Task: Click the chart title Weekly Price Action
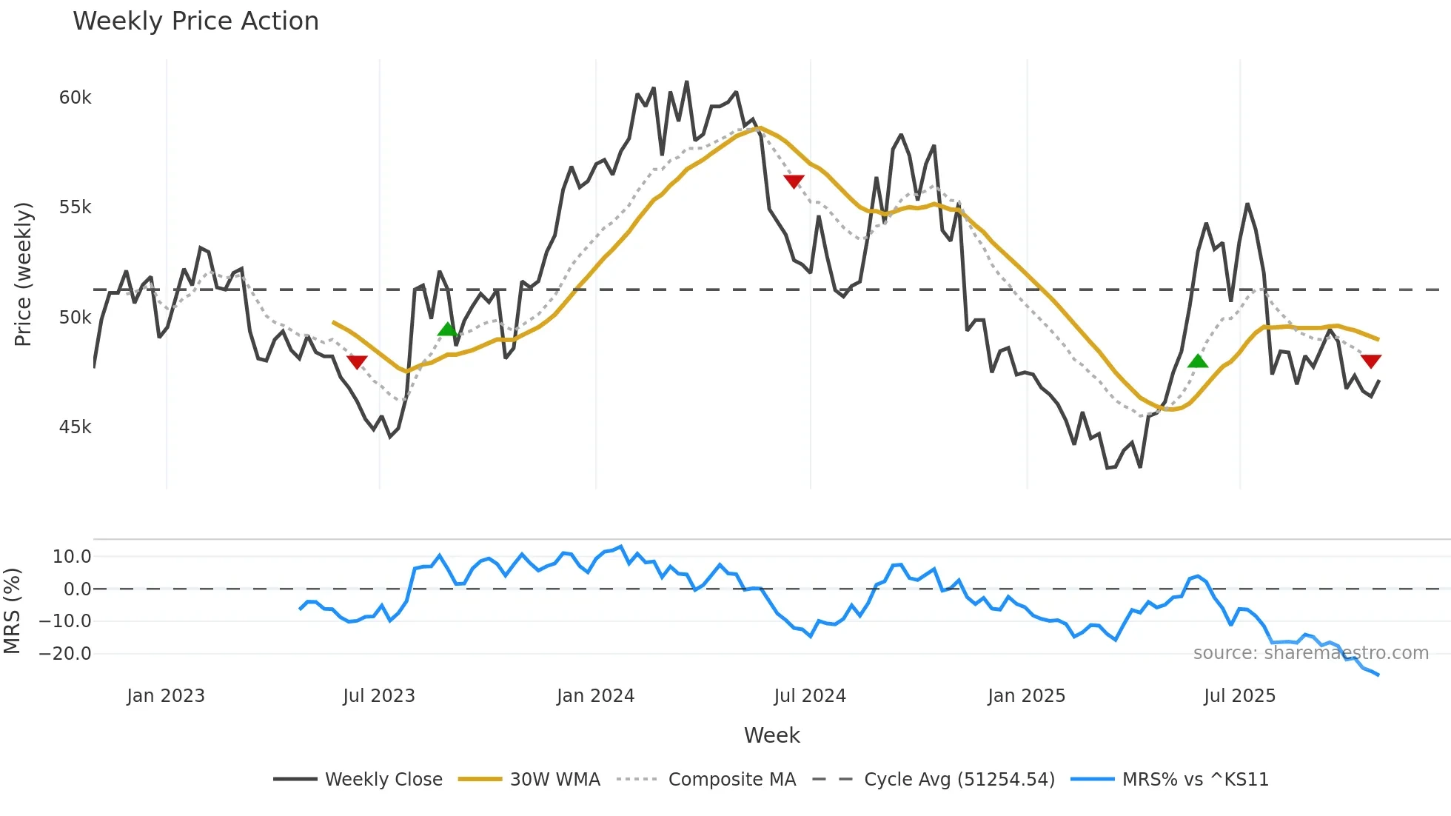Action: [195, 21]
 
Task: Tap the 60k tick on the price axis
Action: [75, 98]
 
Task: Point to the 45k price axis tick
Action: [75, 427]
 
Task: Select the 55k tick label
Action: [75, 207]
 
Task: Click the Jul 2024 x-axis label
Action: [809, 696]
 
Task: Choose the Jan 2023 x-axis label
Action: [165, 696]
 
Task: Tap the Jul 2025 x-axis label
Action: [1239, 696]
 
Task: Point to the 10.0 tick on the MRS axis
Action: [71, 557]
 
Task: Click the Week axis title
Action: [771, 735]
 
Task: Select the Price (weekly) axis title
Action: [23, 274]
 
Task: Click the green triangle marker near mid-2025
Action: [1197, 361]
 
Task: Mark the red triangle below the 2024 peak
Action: [794, 181]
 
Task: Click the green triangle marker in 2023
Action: [447, 330]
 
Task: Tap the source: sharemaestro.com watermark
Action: [1310, 653]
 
